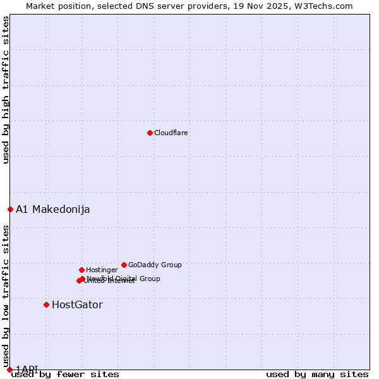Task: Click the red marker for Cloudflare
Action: (150, 133)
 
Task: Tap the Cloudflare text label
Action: (171, 133)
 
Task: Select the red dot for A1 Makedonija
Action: (10, 209)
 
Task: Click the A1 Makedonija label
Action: (52, 210)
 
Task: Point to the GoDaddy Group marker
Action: (124, 265)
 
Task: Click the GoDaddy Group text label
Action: (155, 265)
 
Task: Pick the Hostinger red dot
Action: (81, 270)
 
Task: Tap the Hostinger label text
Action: (102, 270)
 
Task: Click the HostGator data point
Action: (46, 304)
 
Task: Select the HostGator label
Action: (77, 305)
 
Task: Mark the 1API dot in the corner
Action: (9, 370)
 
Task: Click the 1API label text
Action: (27, 369)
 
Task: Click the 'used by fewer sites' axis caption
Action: (65, 375)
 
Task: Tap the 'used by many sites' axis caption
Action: (317, 375)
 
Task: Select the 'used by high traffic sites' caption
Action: (6, 90)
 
